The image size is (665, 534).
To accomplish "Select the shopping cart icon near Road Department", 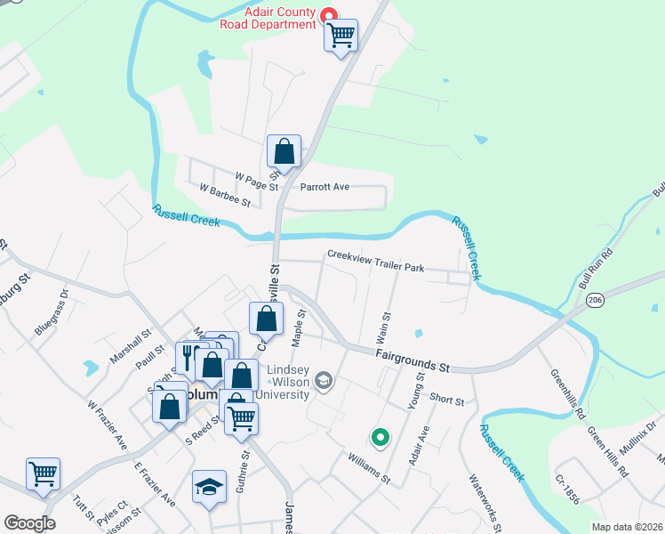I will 341,36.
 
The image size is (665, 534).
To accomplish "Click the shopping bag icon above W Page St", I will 284,151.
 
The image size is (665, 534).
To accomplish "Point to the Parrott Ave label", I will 324,187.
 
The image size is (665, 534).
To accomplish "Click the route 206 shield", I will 596,301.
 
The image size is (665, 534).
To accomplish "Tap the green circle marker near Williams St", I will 380,437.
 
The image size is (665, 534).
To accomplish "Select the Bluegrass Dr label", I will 52,311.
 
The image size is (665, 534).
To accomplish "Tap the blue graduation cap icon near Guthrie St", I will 209,487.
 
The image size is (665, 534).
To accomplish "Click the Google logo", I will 29,523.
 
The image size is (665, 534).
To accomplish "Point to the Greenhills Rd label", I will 567,394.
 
